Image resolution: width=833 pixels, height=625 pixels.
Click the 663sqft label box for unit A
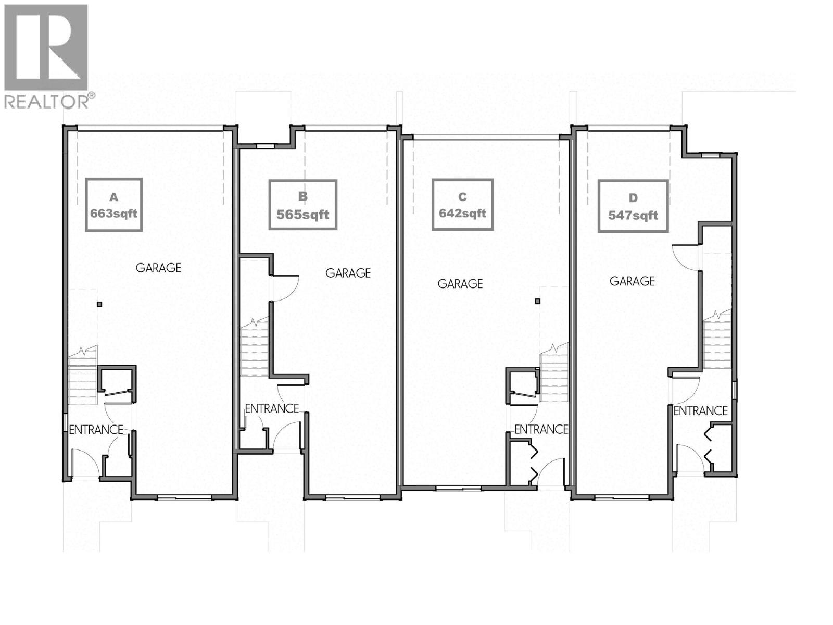pyautogui.click(x=113, y=205)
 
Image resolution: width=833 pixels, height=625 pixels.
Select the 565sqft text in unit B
pyautogui.click(x=303, y=215)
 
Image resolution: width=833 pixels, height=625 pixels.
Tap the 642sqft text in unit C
pyautogui.click(x=462, y=213)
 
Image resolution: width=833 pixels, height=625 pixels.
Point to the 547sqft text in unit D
pyautogui.click(x=633, y=215)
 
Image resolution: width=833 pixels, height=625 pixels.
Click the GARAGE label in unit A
pyautogui.click(x=158, y=268)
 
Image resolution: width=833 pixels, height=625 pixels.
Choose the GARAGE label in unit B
pyautogui.click(x=348, y=273)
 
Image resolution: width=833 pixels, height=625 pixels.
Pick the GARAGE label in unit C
pyautogui.click(x=460, y=284)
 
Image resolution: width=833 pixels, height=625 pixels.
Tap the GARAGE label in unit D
pyautogui.click(x=632, y=281)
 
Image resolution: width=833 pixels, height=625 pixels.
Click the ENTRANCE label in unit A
pyautogui.click(x=96, y=430)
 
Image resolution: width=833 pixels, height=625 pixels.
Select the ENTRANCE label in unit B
pyautogui.click(x=272, y=409)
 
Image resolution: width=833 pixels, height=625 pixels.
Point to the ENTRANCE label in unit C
pyautogui.click(x=541, y=429)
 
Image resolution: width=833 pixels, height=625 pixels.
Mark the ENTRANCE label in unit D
pyautogui.click(x=700, y=411)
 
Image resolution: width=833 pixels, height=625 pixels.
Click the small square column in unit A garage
pyautogui.click(x=99, y=304)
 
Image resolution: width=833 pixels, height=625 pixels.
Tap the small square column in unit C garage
pyautogui.click(x=538, y=301)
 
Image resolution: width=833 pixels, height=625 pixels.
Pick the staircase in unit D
pyautogui.click(x=717, y=341)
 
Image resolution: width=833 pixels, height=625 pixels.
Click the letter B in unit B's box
pyautogui.click(x=303, y=196)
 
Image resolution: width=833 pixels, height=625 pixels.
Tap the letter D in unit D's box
pyautogui.click(x=633, y=198)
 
